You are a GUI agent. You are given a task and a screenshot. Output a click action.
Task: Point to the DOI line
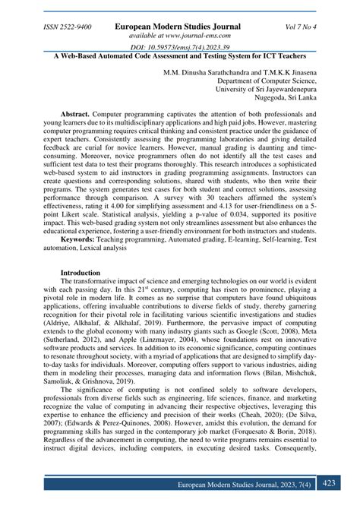[x=179, y=48]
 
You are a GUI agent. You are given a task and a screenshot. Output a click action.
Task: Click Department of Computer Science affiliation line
[x=272, y=84]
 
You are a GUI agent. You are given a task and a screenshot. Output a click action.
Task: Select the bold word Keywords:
[x=84, y=239]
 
